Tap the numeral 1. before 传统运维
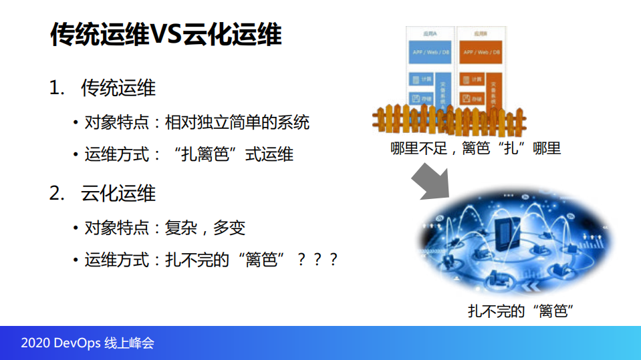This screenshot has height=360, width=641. pos(57,88)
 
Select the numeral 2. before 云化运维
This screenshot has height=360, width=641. pos(57,194)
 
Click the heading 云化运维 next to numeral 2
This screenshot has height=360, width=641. pos(118,194)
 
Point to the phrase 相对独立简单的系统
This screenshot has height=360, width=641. pos(237,123)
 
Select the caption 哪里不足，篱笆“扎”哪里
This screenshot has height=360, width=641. pos(475,148)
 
